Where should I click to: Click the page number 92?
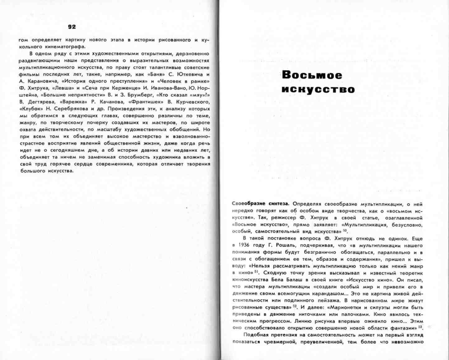[72, 27]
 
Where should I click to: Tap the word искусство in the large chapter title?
[318, 90]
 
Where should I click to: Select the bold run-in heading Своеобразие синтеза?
[261, 204]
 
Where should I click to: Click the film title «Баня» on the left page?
[155, 74]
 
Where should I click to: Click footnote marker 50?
[345, 231]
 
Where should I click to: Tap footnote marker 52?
[295, 306]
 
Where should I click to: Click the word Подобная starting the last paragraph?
[255, 335]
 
